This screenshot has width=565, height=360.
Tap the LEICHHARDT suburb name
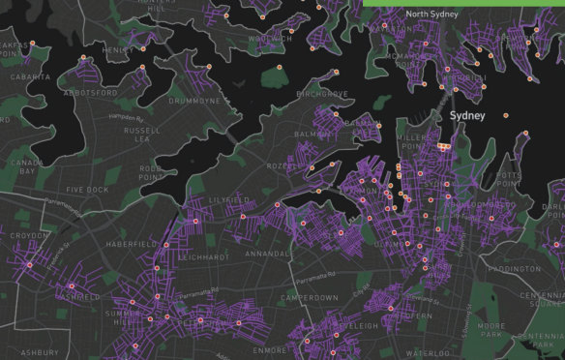pyautogui.click(x=203, y=257)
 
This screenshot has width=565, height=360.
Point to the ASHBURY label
pyautogui.click(x=39, y=352)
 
